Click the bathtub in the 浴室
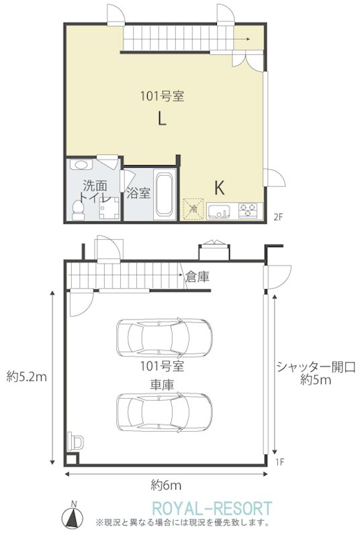pos(164,194)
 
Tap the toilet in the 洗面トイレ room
pos(79,210)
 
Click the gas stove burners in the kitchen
pos(248,210)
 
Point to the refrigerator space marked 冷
pos(194,209)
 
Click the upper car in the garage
pos(165,338)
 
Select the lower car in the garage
pos(165,412)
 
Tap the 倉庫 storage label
pos(197,277)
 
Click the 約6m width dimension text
pos(166,485)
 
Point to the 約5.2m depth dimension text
pos(26,377)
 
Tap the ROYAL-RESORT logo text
pos(212,508)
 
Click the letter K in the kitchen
pos(219,188)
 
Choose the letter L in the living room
pos(162,119)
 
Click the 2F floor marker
pos(279,217)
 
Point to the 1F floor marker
pos(280,462)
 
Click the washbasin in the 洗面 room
pos(81,164)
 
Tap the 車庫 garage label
pos(162,385)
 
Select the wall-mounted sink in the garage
pos(75,442)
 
